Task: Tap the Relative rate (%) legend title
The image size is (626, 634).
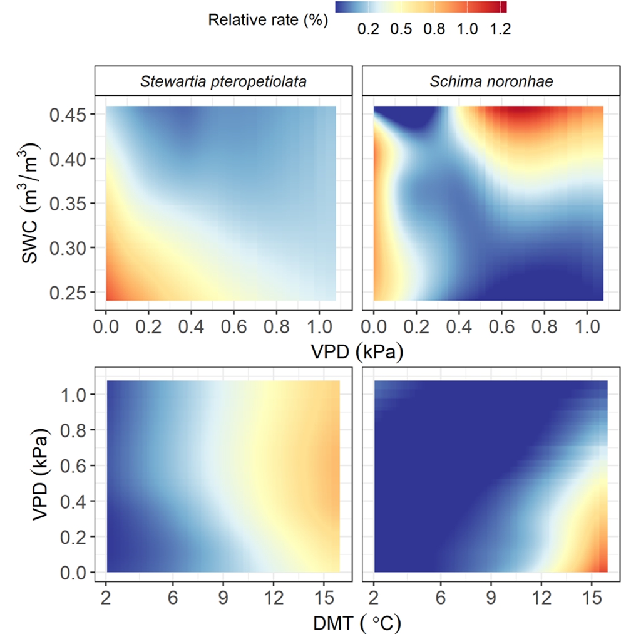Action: (268, 20)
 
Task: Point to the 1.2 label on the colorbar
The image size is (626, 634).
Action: (502, 29)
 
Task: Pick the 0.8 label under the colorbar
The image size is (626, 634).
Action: (434, 29)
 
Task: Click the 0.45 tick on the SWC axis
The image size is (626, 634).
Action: (74, 115)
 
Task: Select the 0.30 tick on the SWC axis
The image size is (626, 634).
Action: (74, 248)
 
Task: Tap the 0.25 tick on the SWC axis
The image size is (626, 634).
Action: (74, 293)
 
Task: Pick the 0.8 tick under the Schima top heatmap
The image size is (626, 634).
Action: (544, 327)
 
